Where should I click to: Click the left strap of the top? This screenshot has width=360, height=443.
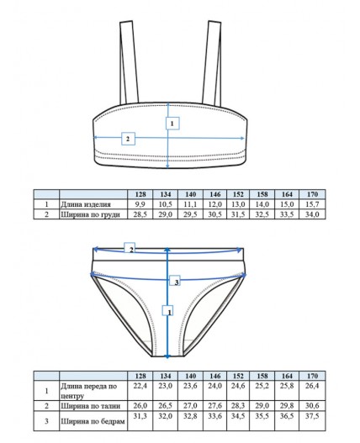click(129, 62)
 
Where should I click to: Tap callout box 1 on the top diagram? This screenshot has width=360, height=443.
click(172, 124)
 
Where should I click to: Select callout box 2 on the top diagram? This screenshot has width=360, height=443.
click(128, 139)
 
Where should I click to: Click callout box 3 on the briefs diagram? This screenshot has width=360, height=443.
click(175, 281)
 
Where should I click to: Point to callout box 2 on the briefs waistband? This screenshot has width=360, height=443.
click(130, 247)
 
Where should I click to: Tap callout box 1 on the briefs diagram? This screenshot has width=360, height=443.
click(167, 310)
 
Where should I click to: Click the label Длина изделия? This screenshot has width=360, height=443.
click(86, 204)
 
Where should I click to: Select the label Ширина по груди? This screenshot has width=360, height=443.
click(91, 214)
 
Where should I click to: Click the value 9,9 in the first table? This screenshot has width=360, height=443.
click(140, 204)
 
